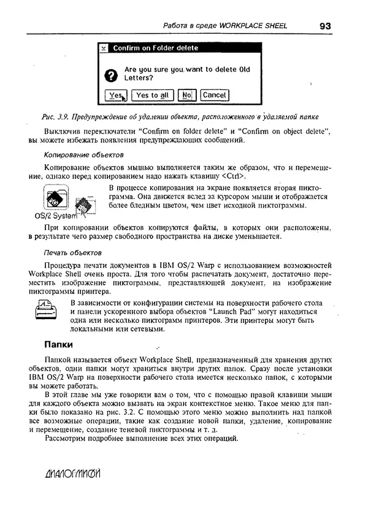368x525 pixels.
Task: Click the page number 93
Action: pos(324,26)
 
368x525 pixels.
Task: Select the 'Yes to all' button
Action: pos(152,95)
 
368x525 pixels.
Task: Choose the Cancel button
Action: pos(214,95)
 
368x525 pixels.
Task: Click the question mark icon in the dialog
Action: pos(110,75)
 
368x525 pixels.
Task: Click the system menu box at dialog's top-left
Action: pos(104,48)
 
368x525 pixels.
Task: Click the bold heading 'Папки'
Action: pos(58,344)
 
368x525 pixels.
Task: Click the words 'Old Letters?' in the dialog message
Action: pos(138,78)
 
